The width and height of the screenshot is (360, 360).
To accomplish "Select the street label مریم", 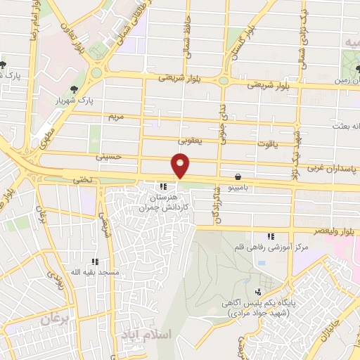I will coord(115,115).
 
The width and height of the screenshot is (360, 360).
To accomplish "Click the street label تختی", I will coord(83,181).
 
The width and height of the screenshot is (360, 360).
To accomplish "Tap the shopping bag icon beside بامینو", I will coord(239,176).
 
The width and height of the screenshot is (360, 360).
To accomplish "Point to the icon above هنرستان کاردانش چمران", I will coord(163,187).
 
